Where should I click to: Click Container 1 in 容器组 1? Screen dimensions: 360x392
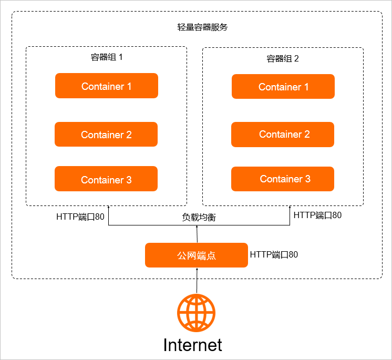click(x=106, y=86)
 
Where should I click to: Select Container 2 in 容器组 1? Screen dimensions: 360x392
click(x=106, y=135)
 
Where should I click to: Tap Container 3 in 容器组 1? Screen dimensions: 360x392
click(x=106, y=179)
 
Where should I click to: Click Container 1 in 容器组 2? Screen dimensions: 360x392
click(x=283, y=87)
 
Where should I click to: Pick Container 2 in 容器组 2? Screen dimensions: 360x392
click(x=283, y=134)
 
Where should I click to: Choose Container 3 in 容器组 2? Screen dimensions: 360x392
click(x=283, y=179)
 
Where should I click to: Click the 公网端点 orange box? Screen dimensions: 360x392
click(x=196, y=255)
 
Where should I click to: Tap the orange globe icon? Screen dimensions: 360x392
click(x=196, y=312)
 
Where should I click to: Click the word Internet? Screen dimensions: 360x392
click(x=193, y=345)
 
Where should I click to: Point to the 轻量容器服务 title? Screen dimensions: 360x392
click(x=202, y=27)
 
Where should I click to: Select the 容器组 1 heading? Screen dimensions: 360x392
click(x=107, y=57)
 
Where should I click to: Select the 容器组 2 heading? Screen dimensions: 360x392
click(x=283, y=58)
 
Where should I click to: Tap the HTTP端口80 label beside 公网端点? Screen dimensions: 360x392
click(x=274, y=255)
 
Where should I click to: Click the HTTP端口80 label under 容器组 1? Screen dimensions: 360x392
click(x=80, y=216)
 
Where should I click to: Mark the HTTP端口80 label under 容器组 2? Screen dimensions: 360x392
click(x=317, y=215)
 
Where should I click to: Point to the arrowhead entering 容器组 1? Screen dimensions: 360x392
click(x=108, y=208)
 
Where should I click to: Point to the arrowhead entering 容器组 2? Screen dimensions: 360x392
click(x=290, y=208)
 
